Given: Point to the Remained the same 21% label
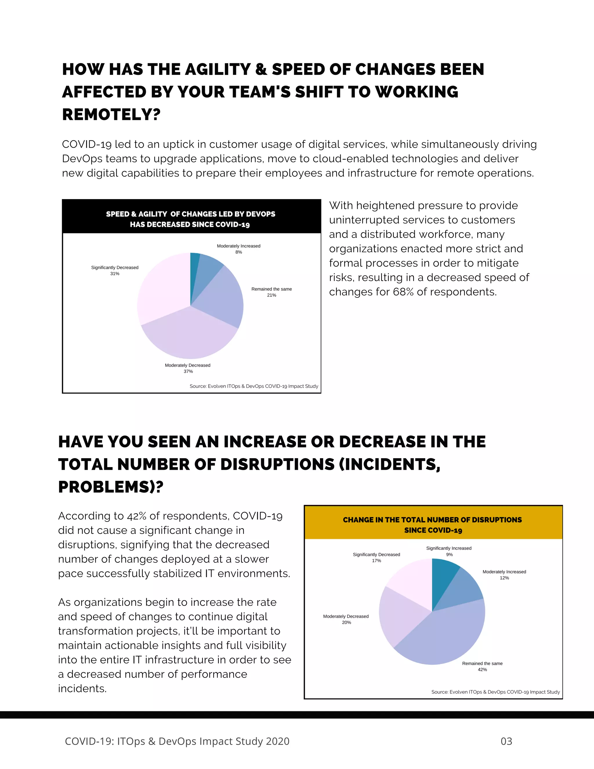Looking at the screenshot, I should coord(271,292).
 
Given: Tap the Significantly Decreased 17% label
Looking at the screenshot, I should coord(376,557).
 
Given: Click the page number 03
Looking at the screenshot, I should coord(506,741).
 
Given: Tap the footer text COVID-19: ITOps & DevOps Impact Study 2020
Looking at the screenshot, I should coord(177,741).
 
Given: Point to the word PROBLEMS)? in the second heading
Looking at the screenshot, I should coord(111,487).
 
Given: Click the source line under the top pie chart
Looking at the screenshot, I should coord(254,386).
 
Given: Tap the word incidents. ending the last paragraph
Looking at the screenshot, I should coord(82,689).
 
